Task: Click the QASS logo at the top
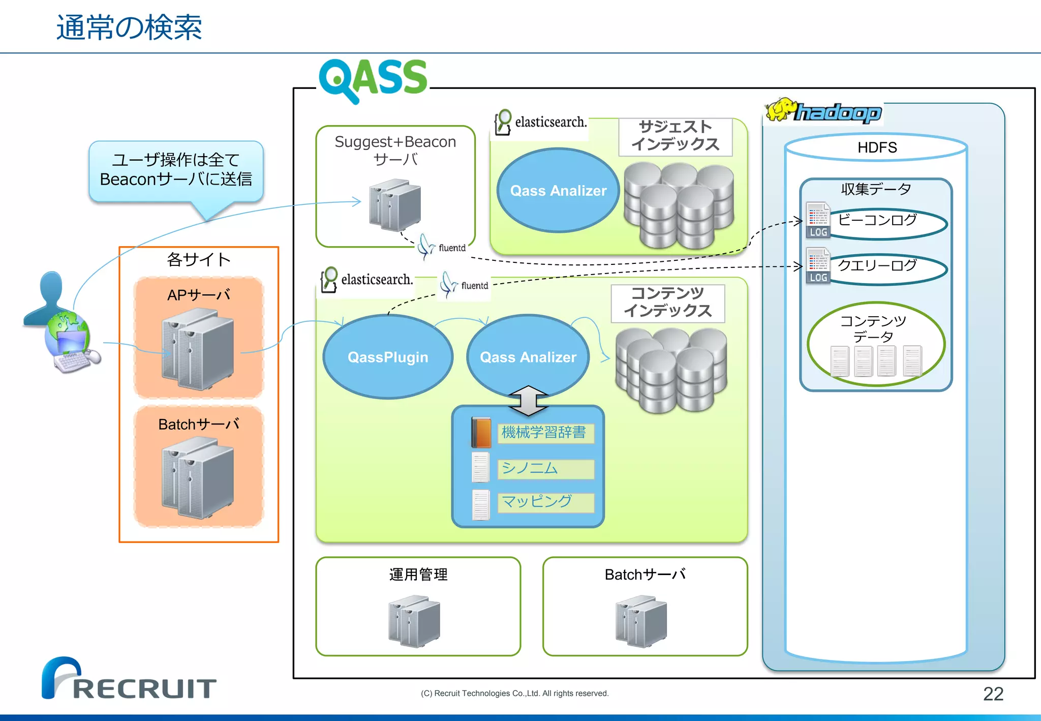click(x=373, y=79)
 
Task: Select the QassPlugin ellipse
click(x=388, y=357)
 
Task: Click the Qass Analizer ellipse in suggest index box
click(x=558, y=191)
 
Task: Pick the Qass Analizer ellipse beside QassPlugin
click(x=528, y=357)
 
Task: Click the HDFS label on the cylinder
click(x=877, y=147)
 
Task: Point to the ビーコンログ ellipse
click(x=887, y=224)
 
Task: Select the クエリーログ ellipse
click(x=887, y=268)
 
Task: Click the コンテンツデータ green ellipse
click(x=875, y=343)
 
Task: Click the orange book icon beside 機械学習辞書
click(x=481, y=433)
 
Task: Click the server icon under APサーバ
click(x=198, y=350)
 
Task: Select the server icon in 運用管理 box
click(x=414, y=621)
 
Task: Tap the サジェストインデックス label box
click(x=675, y=136)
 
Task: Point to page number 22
click(x=993, y=694)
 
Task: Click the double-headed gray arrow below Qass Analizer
click(x=528, y=400)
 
